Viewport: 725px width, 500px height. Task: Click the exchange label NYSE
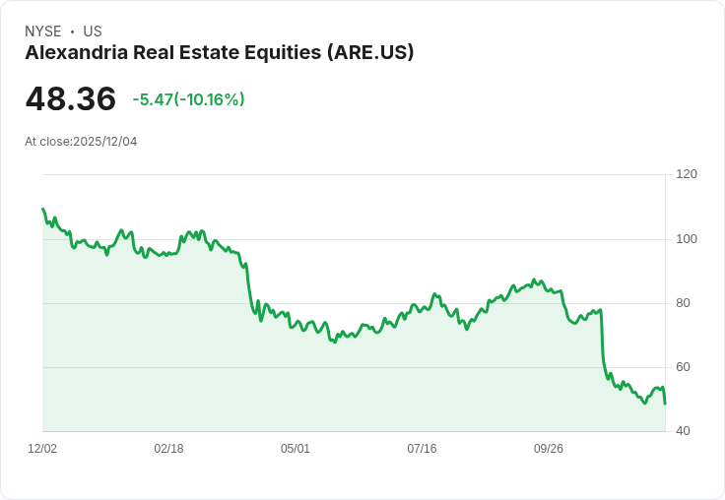point(42,31)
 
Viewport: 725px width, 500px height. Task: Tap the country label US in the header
point(93,31)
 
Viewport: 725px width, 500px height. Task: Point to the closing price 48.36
point(70,99)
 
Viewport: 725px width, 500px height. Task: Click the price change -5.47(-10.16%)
point(188,99)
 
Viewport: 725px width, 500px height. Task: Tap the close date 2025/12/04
point(104,142)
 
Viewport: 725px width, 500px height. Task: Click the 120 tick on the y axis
point(687,174)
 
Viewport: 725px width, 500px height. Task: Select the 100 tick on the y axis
point(687,239)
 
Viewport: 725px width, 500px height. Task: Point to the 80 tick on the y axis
point(684,303)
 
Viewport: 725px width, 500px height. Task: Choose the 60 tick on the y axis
point(684,367)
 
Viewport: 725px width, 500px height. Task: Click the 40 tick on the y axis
point(684,431)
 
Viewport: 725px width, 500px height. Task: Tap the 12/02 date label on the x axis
point(42,449)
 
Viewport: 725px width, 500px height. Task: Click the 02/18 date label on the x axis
point(168,449)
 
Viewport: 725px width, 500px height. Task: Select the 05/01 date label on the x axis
point(296,449)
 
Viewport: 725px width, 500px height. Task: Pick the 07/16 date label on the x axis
point(422,449)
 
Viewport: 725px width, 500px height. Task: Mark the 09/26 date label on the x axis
point(549,449)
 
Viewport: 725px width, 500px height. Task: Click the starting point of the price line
point(42,209)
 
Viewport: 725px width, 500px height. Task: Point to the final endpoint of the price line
point(665,404)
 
